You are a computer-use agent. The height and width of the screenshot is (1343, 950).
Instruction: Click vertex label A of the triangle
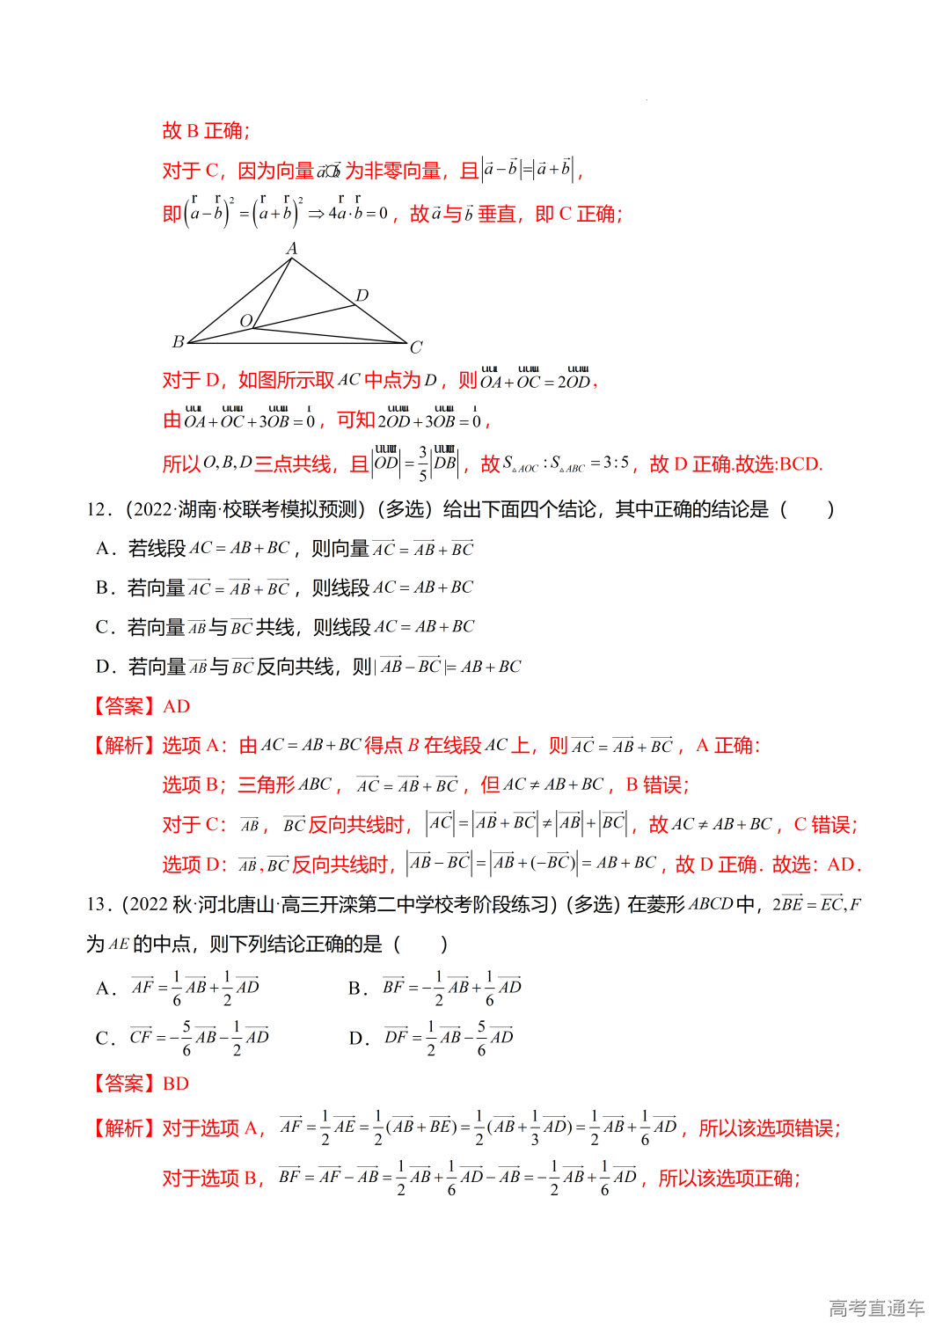point(292,249)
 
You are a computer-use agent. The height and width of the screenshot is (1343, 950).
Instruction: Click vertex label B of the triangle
point(178,341)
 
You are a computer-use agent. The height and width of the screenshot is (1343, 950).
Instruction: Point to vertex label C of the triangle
point(416,347)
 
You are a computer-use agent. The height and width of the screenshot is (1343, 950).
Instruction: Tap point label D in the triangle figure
point(362,296)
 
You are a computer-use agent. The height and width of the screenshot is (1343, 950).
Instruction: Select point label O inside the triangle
point(246,321)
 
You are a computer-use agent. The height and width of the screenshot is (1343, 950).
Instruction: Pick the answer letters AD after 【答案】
point(176,706)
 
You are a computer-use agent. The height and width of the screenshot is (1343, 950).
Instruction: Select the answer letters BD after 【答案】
point(176,1084)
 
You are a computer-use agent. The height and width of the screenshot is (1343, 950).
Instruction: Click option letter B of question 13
point(355,989)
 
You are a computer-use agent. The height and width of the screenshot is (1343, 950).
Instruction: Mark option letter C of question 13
point(104,1038)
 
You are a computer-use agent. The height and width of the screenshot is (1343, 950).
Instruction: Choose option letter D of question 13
point(356,1038)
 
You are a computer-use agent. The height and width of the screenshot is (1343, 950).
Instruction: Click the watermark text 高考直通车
point(876,1308)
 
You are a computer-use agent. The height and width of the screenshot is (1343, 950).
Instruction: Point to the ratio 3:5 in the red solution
point(616,463)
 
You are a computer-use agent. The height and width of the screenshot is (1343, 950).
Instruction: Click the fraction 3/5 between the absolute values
point(423,463)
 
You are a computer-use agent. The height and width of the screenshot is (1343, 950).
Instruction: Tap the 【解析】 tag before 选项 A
point(123,746)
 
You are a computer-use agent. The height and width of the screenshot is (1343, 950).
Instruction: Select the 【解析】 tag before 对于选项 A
point(123,1128)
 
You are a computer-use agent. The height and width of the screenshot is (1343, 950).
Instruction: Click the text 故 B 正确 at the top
point(206,131)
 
